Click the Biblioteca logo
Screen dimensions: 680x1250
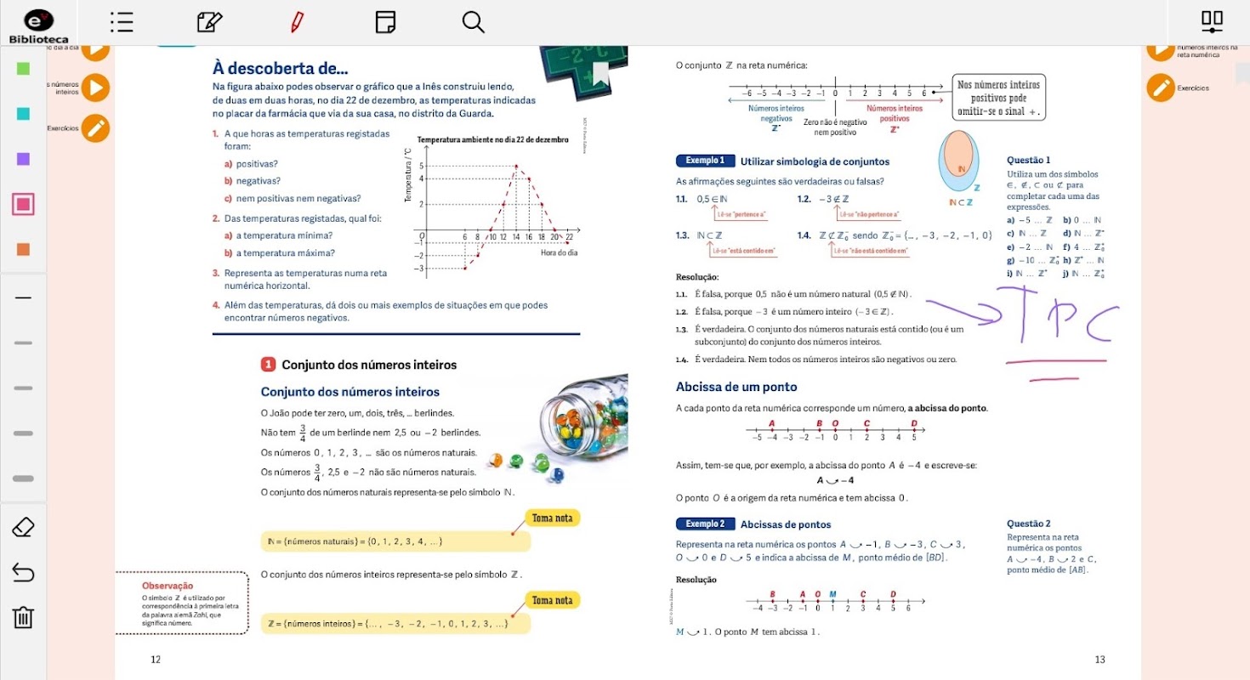tap(38, 25)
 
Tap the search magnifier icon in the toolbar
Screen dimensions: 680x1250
tap(473, 22)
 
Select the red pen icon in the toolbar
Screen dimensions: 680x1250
tap(297, 22)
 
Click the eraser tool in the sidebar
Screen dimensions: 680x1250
tap(23, 528)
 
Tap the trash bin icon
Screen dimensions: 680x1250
tap(23, 616)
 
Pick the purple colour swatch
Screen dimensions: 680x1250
tap(23, 159)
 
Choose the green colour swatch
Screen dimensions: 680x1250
tap(23, 68)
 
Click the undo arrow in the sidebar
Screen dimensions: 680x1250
tap(23, 573)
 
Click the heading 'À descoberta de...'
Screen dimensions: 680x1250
tap(280, 69)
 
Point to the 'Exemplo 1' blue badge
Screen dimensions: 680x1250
tap(704, 161)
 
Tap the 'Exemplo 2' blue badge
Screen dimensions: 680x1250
tap(704, 524)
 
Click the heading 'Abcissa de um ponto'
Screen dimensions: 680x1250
tap(736, 387)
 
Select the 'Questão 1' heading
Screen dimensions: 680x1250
tap(1028, 160)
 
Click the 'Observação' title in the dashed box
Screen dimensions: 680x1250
tap(168, 586)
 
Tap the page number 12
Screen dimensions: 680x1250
tap(155, 660)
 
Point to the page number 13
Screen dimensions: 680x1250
tap(1099, 660)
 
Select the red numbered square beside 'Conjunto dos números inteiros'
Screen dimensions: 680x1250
tap(268, 365)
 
